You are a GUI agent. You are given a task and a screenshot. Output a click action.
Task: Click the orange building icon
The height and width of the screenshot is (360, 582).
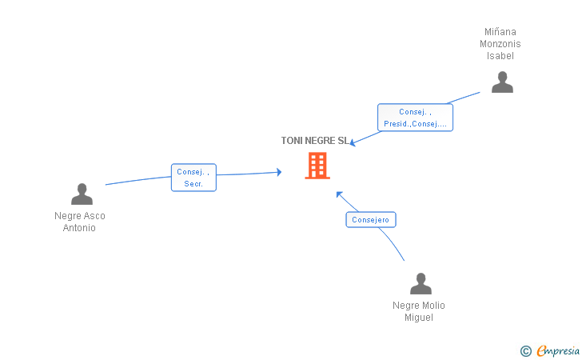[x=317, y=166]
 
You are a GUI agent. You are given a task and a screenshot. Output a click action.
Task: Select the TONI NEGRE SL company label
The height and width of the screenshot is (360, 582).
[x=315, y=141]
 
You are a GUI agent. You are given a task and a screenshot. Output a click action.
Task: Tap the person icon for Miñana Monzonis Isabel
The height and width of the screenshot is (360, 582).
[x=502, y=82]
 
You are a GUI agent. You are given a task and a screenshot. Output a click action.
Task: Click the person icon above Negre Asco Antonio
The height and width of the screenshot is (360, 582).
[x=82, y=194]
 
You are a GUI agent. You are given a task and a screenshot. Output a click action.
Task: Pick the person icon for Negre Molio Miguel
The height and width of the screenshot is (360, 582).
[x=421, y=284]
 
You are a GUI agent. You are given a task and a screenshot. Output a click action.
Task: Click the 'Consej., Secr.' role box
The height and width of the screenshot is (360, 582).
[x=193, y=178]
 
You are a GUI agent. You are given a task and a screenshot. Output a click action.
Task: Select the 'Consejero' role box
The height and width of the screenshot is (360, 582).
[x=371, y=219]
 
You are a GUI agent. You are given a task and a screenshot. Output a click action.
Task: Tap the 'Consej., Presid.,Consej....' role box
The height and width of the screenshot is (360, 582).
[x=415, y=118]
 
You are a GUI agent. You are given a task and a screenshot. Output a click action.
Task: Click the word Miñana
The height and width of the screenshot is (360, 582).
[x=500, y=32]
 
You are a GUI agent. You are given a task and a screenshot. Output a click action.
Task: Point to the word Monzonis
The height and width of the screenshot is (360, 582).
[x=500, y=44]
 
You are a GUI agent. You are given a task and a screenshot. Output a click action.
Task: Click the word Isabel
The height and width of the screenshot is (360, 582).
[x=500, y=56]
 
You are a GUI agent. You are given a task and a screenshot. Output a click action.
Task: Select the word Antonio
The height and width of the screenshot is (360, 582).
[x=79, y=228]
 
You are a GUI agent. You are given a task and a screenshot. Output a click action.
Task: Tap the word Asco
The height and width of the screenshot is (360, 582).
[x=94, y=216]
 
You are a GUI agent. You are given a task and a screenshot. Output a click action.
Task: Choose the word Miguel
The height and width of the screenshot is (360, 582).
[x=419, y=318]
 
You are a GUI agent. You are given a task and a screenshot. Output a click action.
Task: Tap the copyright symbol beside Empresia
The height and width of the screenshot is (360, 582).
[x=525, y=350]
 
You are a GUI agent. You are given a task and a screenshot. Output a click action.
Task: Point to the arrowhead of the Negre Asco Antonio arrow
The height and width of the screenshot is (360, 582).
[x=278, y=171]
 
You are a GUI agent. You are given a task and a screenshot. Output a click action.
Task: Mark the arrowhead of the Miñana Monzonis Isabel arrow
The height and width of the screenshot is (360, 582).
[x=353, y=144]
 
